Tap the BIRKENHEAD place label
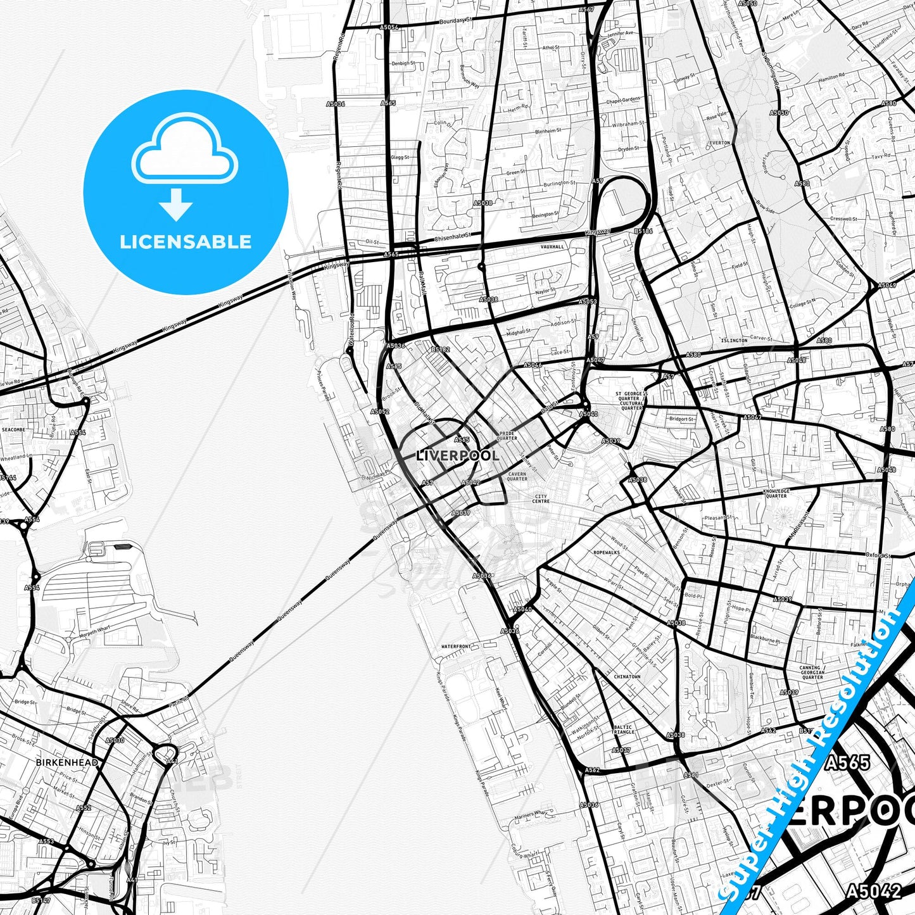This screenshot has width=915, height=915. [67, 762]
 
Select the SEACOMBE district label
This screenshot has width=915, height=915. [13, 429]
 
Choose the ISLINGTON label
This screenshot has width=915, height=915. [734, 341]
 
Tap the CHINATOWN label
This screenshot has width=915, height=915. [627, 676]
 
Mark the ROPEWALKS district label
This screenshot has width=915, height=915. [606, 552]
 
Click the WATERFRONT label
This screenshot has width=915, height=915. [456, 647]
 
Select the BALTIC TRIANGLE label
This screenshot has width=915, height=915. [623, 729]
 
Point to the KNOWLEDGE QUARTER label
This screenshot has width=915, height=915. [776, 493]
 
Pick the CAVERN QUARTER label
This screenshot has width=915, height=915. [517, 476]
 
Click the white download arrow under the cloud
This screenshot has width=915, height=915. [176, 205]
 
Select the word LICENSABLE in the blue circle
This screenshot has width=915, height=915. [186, 242]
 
